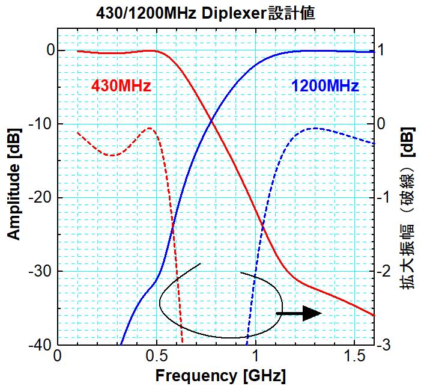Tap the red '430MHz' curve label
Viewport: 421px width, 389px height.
(x=121, y=86)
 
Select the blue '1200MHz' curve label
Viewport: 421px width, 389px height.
(x=325, y=86)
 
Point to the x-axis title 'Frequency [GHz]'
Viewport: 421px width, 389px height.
(x=220, y=376)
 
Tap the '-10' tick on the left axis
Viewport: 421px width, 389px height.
(x=40, y=124)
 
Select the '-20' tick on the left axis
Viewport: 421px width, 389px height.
(x=40, y=198)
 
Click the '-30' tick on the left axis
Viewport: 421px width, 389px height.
(x=40, y=271)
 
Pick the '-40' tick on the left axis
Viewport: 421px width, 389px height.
(x=40, y=345)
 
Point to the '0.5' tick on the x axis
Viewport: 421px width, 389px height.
(x=156, y=356)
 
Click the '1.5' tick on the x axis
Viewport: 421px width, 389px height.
(x=354, y=356)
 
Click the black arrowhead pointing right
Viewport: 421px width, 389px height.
(x=312, y=313)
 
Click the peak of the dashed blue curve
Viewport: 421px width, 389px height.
(x=314, y=128)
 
